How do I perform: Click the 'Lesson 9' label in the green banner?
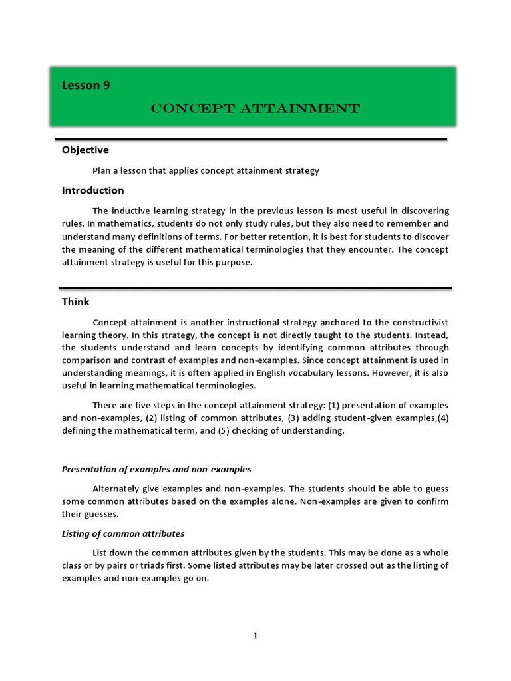(x=86, y=84)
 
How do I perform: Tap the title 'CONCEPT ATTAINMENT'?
(x=255, y=108)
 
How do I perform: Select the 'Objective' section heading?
(x=85, y=150)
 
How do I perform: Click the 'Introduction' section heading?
(x=92, y=190)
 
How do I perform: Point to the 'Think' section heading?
(x=75, y=301)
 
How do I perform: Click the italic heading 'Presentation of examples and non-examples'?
(x=156, y=469)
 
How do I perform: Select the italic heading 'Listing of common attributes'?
(x=123, y=533)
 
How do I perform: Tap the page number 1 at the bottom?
(x=255, y=636)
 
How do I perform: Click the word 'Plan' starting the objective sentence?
(x=102, y=171)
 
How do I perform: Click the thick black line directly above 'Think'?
(x=255, y=288)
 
